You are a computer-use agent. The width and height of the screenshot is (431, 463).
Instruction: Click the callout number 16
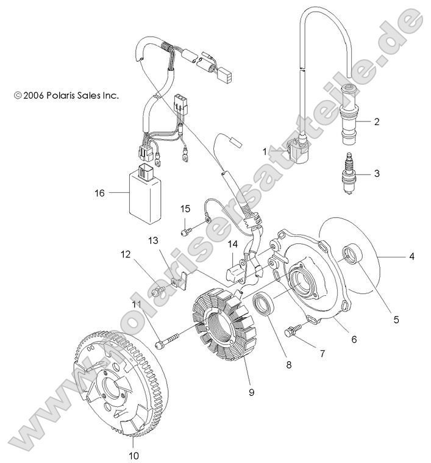[x=100, y=193]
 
